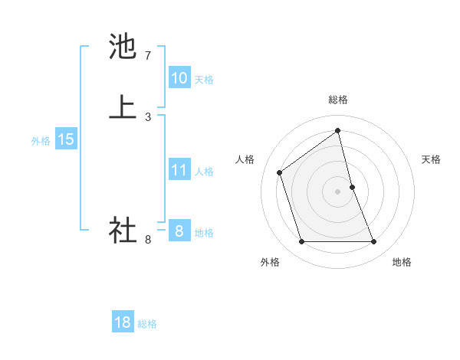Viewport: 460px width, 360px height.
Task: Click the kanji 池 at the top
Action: click(x=123, y=47)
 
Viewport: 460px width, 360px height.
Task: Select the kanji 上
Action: click(x=123, y=106)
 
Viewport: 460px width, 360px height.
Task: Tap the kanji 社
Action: click(x=123, y=230)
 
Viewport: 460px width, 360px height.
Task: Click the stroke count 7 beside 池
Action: click(x=148, y=56)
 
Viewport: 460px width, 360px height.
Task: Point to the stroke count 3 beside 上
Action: click(x=148, y=116)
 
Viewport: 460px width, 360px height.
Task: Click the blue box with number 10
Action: click(x=179, y=78)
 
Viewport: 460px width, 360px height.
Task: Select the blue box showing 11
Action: click(x=179, y=170)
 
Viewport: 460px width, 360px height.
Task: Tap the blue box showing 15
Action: click(x=66, y=139)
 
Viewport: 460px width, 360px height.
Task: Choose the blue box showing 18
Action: click(x=122, y=322)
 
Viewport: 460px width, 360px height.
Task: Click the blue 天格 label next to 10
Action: click(x=204, y=79)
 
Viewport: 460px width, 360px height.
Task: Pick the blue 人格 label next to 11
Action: click(x=204, y=171)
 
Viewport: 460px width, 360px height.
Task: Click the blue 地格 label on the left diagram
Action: click(x=204, y=233)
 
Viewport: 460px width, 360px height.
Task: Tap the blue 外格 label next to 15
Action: click(x=41, y=141)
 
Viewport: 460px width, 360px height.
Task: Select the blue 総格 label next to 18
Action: click(x=147, y=324)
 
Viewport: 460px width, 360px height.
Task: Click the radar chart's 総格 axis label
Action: click(x=338, y=100)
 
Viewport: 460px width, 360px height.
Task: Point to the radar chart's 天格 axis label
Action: click(x=431, y=159)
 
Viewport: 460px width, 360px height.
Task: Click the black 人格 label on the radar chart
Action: click(x=245, y=159)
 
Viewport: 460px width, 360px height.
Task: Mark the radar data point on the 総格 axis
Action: click(x=338, y=130)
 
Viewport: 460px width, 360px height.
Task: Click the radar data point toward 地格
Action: click(x=374, y=242)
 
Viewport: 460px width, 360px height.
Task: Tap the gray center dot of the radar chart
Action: click(x=338, y=191)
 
